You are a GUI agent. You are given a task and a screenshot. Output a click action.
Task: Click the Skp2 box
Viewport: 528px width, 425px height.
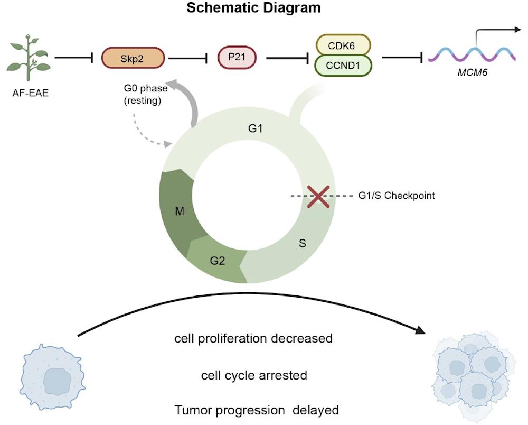tap(133, 57)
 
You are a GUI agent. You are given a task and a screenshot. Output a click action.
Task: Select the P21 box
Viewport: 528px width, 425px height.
tap(239, 57)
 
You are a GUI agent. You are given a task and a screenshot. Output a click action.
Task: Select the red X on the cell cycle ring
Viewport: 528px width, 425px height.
tap(318, 196)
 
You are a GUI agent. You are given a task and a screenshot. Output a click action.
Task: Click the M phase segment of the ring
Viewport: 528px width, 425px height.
tap(180, 212)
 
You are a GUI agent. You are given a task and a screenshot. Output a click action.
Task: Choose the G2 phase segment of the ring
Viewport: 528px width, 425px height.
tap(216, 259)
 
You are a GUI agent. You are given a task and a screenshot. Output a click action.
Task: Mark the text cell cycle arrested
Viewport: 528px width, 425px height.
tap(254, 375)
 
